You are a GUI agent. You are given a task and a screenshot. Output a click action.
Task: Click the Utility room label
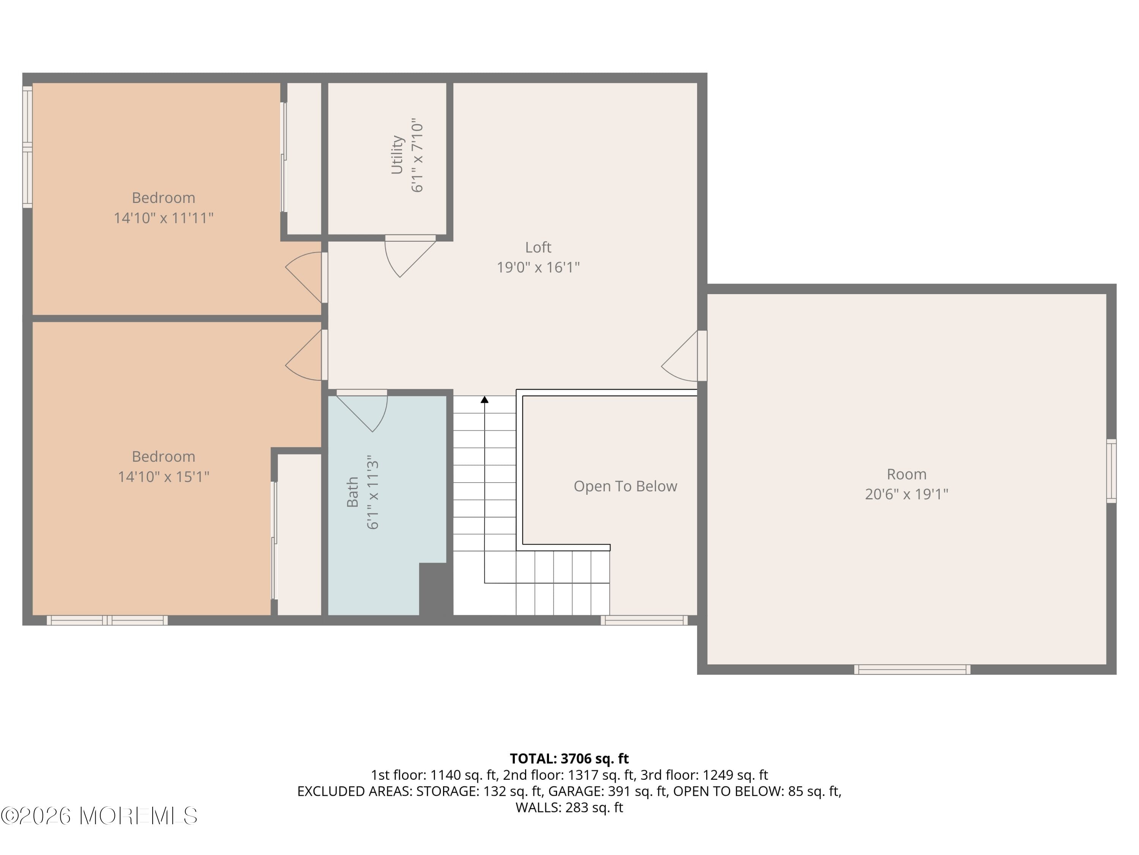(x=396, y=155)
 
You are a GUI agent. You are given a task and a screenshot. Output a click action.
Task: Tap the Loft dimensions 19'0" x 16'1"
(x=538, y=268)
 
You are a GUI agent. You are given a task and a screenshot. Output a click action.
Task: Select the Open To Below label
(x=625, y=486)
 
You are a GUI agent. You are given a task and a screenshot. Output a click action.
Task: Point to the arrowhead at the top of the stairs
(x=484, y=399)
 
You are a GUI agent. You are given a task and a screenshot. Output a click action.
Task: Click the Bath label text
(x=353, y=492)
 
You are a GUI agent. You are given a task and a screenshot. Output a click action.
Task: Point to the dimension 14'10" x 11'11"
(x=163, y=218)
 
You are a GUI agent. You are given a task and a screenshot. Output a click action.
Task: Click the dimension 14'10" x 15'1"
(x=163, y=477)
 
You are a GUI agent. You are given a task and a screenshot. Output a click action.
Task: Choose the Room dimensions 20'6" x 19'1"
(x=906, y=494)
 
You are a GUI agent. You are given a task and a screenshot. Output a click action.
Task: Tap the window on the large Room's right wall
(x=1111, y=470)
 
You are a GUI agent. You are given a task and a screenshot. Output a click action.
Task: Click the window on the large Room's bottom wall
(x=912, y=670)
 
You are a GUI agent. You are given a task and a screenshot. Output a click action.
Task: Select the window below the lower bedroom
(x=107, y=620)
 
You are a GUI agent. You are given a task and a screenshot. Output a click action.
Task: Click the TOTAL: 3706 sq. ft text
(x=569, y=758)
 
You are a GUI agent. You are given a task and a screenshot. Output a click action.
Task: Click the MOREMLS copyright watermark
(x=99, y=816)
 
